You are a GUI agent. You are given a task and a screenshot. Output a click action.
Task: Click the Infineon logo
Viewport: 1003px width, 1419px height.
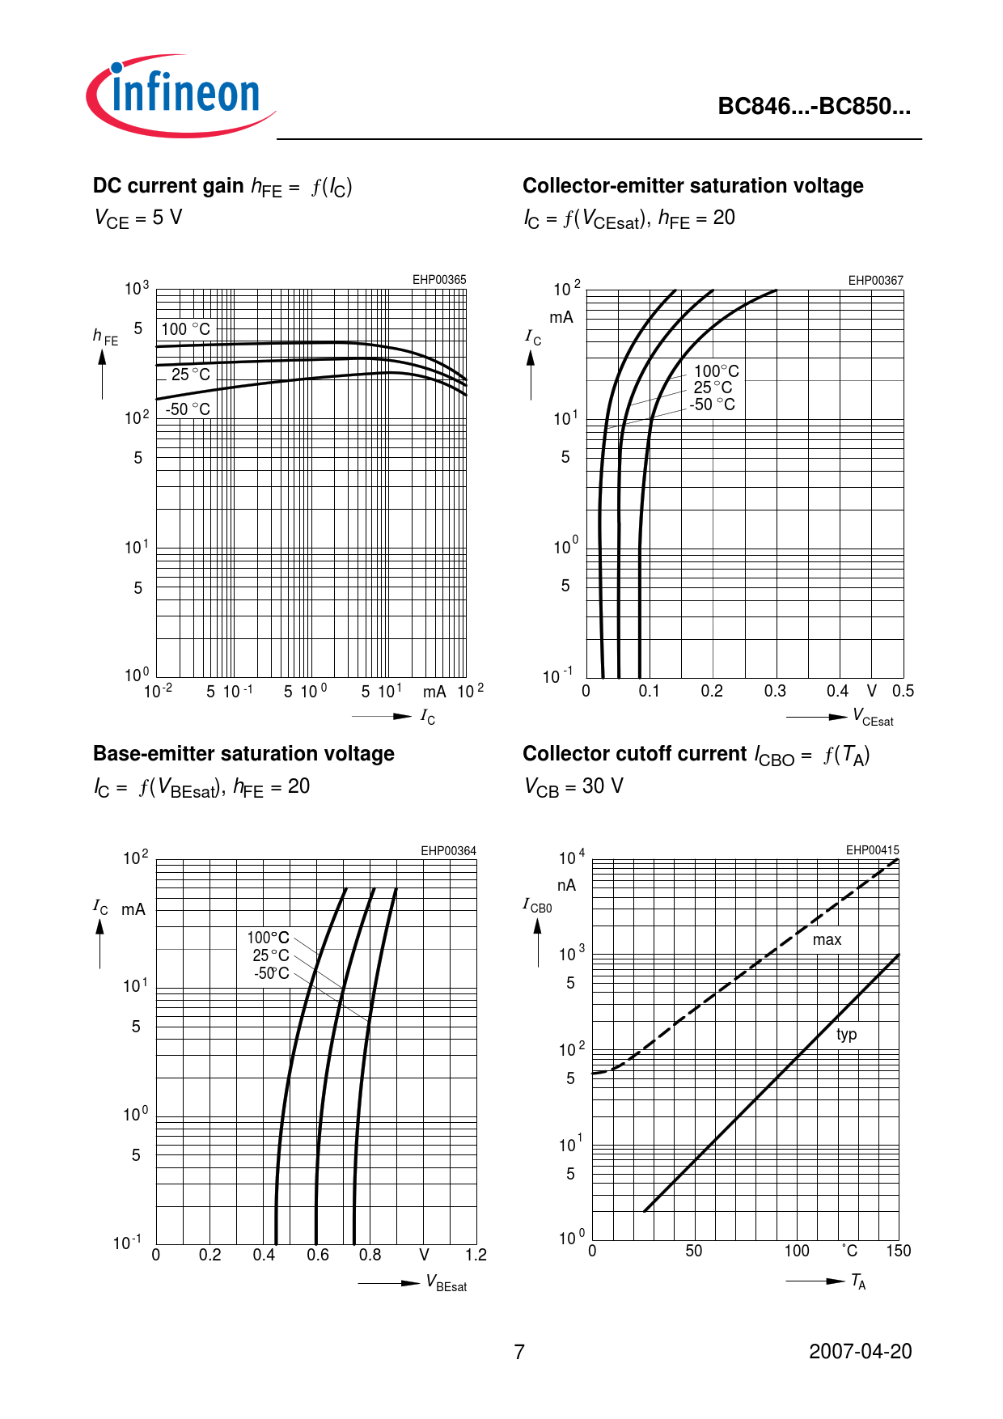tap(181, 95)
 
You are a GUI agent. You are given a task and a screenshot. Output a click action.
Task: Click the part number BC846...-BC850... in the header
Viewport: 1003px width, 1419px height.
tap(814, 107)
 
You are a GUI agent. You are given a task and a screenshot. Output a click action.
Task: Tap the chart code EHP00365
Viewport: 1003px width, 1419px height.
tap(439, 280)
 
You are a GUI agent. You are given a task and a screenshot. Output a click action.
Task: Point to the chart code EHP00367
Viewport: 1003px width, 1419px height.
tap(875, 281)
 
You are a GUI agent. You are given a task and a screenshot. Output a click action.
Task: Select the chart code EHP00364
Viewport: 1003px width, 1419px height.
tap(448, 851)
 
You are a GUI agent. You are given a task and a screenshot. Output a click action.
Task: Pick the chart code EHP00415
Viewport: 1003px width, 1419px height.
tap(872, 850)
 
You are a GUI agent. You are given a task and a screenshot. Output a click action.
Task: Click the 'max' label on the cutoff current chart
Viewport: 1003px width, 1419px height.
tap(827, 940)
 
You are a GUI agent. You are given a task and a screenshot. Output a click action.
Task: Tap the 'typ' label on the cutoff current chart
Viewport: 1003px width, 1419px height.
tap(846, 1035)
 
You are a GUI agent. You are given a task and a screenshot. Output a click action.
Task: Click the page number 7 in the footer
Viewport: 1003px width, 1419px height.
tap(519, 1352)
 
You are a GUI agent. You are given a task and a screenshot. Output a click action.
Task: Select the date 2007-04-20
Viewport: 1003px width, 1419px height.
tap(860, 1352)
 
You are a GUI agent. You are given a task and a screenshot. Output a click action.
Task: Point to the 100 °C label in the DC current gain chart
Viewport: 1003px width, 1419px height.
tap(185, 329)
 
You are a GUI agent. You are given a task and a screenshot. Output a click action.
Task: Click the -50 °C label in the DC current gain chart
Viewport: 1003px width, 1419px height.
tap(188, 409)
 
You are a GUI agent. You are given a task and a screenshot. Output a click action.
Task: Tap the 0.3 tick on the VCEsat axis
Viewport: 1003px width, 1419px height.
tap(775, 691)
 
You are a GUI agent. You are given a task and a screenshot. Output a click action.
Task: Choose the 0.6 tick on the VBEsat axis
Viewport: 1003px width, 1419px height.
tap(318, 1255)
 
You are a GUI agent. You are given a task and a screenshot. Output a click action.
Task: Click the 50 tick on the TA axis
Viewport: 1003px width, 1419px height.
tap(694, 1251)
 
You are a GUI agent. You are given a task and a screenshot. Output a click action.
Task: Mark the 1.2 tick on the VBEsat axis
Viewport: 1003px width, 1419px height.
tap(476, 1255)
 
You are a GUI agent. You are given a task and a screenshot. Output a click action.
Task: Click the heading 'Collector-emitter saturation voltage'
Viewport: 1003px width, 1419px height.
tap(692, 186)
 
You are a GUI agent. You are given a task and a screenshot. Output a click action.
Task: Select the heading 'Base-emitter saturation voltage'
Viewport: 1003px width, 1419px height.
tap(243, 754)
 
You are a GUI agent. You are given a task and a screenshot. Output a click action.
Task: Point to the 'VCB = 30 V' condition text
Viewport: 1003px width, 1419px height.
tap(573, 786)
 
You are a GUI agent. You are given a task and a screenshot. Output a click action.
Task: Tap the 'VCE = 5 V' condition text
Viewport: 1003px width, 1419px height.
tap(138, 218)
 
